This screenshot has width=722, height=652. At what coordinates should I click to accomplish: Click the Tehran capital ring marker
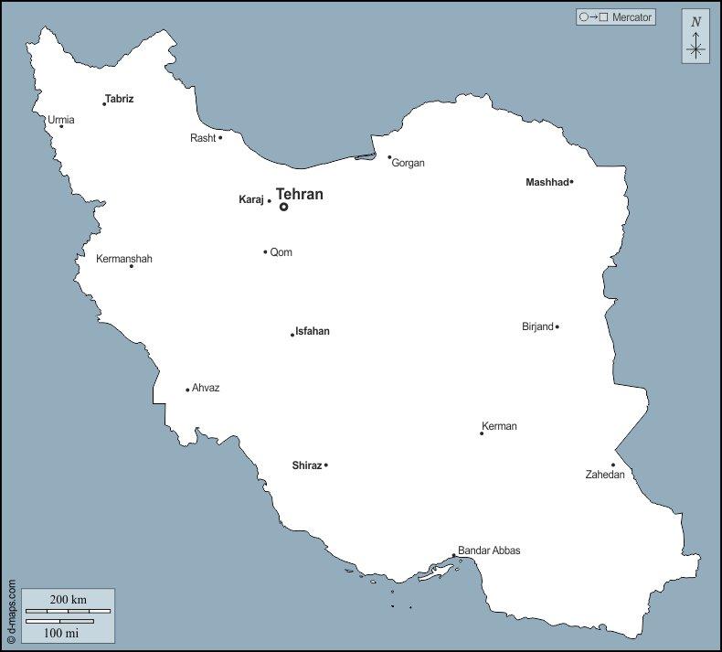284,207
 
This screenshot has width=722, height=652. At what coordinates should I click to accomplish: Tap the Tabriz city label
120,99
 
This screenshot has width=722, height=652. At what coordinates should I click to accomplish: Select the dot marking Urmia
61,126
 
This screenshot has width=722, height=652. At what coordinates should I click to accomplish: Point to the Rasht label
203,138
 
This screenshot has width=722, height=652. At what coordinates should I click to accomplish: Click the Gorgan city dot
389,157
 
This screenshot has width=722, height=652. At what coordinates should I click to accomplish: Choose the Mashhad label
547,182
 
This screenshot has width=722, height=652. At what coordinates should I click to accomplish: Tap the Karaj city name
250,199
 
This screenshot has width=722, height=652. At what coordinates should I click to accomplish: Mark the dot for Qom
265,252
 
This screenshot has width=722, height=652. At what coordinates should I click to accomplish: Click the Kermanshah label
124,259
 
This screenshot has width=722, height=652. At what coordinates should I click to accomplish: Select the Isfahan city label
313,332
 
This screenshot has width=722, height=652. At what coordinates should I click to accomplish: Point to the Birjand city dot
557,326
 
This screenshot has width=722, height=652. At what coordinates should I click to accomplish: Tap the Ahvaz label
206,388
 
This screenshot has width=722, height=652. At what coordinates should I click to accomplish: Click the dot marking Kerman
482,433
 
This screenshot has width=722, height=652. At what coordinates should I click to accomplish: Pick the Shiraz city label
306,465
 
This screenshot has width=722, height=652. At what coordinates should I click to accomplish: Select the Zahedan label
605,475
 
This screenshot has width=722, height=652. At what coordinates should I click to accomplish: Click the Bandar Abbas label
489,550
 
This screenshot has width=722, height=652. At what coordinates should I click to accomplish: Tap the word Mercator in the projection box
632,17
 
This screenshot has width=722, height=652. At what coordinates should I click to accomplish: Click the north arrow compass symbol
695,37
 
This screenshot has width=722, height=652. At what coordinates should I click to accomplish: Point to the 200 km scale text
68,599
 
